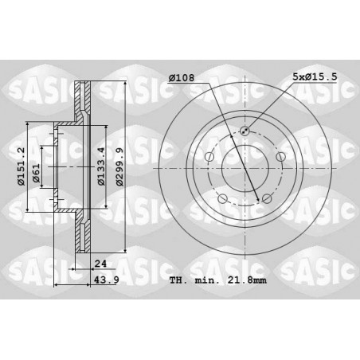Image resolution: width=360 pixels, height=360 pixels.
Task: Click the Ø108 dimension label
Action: pyautogui.click(x=182, y=78)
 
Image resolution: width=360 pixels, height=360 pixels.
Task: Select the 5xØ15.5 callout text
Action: pyautogui.click(x=315, y=77)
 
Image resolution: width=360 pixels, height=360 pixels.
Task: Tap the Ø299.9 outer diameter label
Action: pyautogui.click(x=120, y=167)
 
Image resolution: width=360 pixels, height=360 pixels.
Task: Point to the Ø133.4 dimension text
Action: pyautogui.click(x=101, y=166)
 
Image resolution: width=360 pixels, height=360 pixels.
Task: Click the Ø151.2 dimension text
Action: pyautogui.click(x=22, y=166)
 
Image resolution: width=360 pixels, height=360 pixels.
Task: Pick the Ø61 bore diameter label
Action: pyautogui.click(x=36, y=174)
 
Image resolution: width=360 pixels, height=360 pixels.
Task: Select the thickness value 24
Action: pyautogui.click(x=100, y=264)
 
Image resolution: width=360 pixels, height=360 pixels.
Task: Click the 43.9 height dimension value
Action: pyautogui.click(x=107, y=280)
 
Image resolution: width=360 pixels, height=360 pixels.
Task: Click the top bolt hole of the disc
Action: pyautogui.click(x=245, y=131)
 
